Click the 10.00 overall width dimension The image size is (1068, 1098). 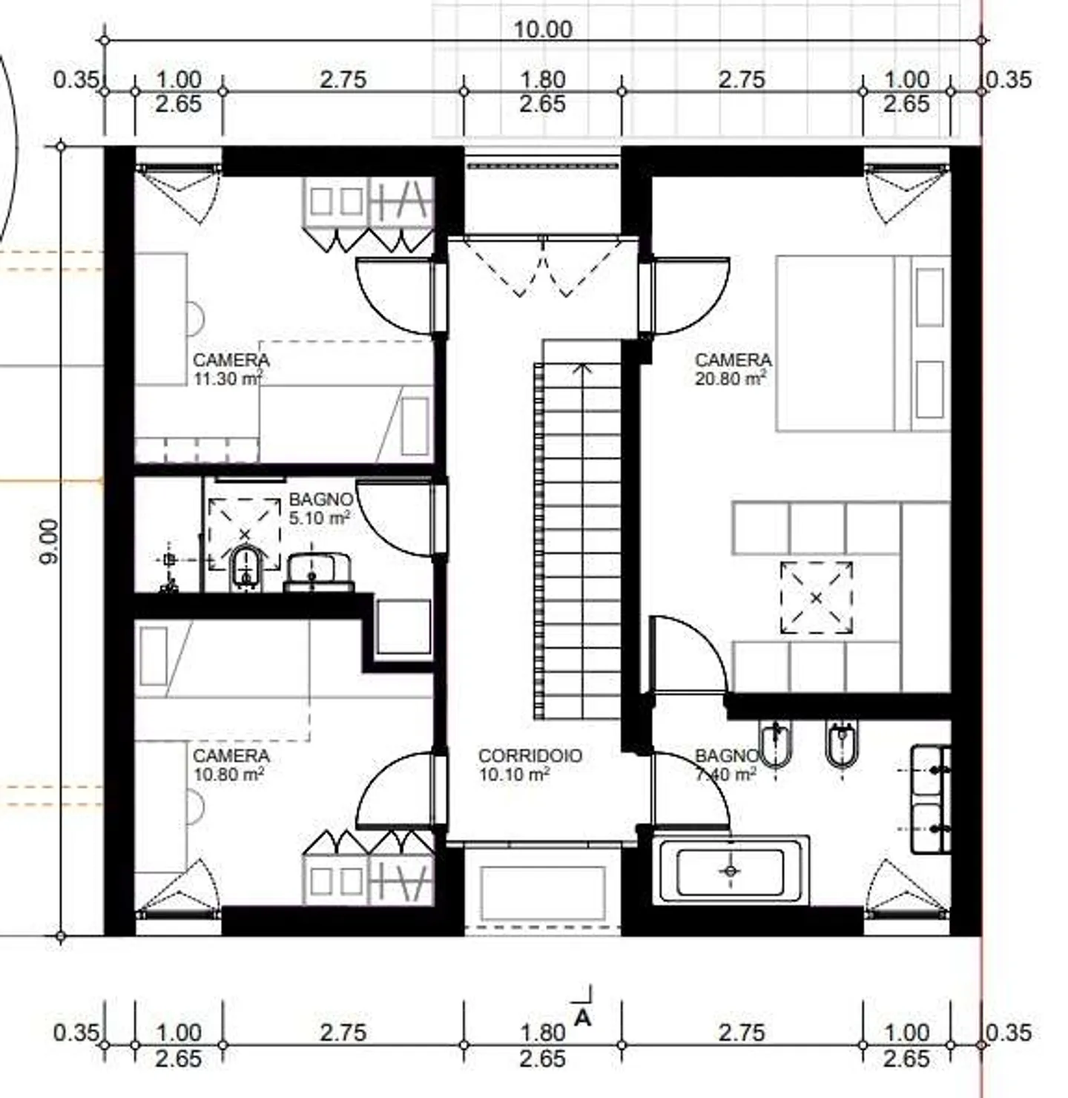pyautogui.click(x=543, y=29)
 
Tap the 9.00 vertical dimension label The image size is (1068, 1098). pyautogui.click(x=47, y=541)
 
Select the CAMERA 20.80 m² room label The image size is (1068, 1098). pyautogui.click(x=732, y=369)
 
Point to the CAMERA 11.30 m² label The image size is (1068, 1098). pyautogui.click(x=231, y=369)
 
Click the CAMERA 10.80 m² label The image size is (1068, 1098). pyautogui.click(x=231, y=764)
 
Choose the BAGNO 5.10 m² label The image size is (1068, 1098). pyautogui.click(x=320, y=508)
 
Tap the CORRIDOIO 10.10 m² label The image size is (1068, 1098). pyautogui.click(x=530, y=764)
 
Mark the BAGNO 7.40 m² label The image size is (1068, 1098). pyautogui.click(x=726, y=764)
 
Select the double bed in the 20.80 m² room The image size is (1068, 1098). pyautogui.click(x=860, y=343)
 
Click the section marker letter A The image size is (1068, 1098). pyautogui.click(x=583, y=1018)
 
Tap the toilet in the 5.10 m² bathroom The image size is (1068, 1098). pyautogui.click(x=245, y=568)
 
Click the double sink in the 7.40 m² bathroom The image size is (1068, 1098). pyautogui.click(x=931, y=800)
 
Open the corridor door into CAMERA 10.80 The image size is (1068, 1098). pyautogui.click(x=397, y=790)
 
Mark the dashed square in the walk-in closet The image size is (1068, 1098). pyautogui.click(x=816, y=597)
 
